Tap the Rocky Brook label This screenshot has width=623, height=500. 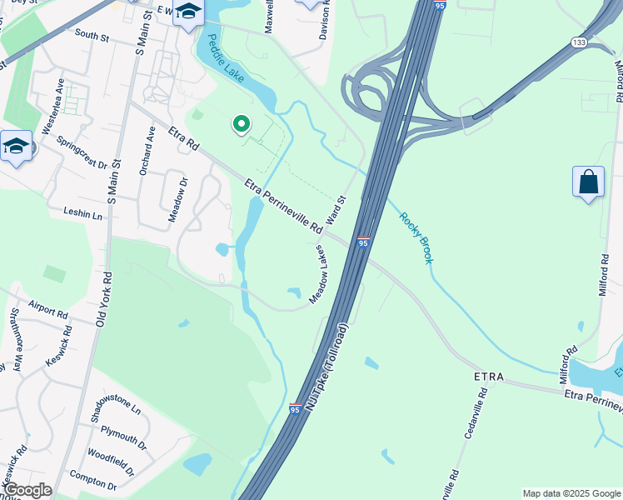click(x=416, y=238)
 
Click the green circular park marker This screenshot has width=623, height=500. click(x=242, y=125)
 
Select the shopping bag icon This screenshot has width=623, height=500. click(x=588, y=182)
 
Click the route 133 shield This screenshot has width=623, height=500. click(x=577, y=42)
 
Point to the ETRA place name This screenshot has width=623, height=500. click(x=489, y=377)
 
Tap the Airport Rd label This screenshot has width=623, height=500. click(x=47, y=309)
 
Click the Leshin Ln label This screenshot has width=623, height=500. click(x=82, y=214)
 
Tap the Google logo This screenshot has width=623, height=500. click(x=27, y=490)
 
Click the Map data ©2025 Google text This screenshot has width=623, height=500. click(x=571, y=493)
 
